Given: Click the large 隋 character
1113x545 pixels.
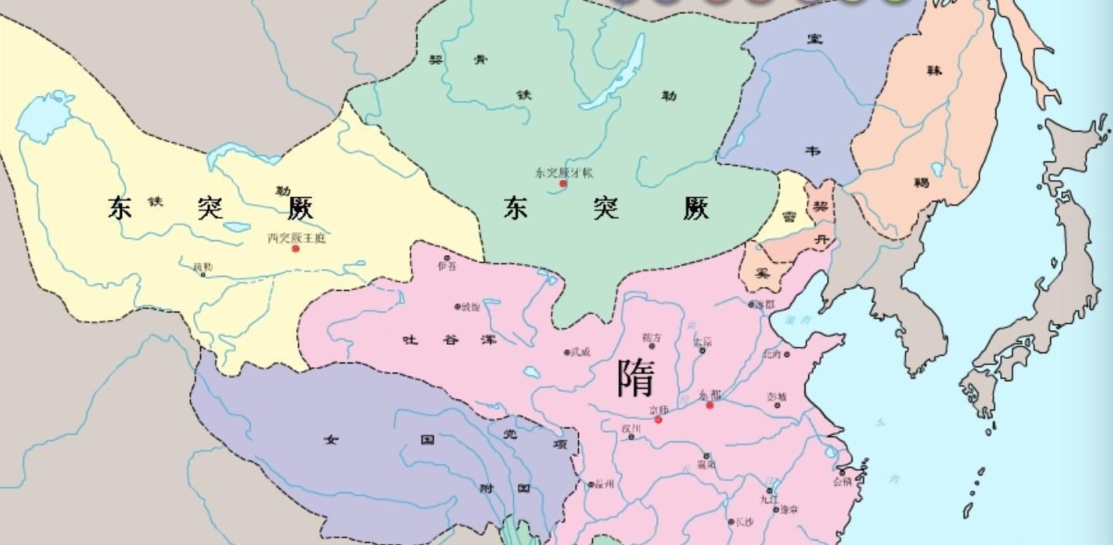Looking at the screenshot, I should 636,378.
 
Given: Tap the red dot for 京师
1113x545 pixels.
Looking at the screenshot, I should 658,420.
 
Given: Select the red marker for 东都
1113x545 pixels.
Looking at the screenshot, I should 710,405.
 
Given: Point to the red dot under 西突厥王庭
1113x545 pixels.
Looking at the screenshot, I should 295,249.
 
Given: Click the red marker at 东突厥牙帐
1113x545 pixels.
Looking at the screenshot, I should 563,184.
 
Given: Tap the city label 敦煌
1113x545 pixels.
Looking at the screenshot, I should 470,307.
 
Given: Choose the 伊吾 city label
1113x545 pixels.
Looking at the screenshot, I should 447,267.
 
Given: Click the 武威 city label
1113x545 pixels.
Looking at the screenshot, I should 580,353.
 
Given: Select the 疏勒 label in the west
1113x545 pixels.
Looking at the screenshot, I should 203,267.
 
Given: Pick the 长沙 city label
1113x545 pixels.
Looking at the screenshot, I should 743,522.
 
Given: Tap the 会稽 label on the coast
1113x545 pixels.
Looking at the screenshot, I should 842,481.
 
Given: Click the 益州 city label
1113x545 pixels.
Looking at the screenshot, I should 604,485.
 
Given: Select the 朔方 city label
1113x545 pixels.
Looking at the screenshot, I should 652,338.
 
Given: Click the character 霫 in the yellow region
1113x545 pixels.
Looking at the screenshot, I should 789,217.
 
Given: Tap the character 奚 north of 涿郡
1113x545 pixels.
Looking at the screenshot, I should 763,273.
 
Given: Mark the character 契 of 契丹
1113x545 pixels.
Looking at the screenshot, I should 820,206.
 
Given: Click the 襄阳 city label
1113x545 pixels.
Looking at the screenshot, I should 706,465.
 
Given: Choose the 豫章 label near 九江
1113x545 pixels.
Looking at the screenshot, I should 789,509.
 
